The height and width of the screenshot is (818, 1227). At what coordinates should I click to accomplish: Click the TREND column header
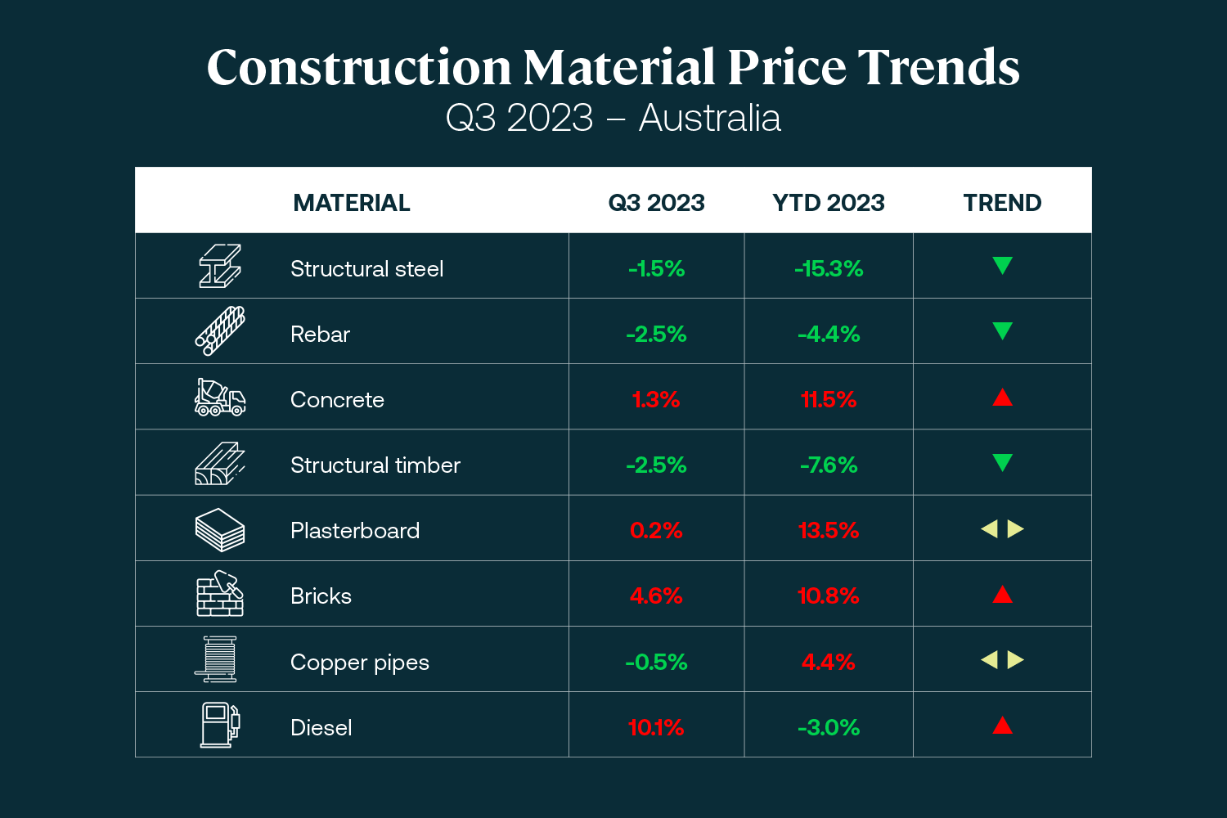pos(1002,203)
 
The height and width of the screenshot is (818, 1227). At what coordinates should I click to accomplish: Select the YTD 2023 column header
pos(829,203)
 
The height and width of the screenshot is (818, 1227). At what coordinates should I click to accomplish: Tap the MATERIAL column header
pos(352,203)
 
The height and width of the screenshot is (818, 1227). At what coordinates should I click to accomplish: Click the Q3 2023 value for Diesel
pos(656,727)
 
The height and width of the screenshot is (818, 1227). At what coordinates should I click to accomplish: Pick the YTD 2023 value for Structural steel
pos(829,268)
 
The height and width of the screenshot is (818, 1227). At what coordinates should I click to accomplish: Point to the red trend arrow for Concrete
pos(1002,398)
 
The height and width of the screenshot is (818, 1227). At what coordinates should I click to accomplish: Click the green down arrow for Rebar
pos(1002,331)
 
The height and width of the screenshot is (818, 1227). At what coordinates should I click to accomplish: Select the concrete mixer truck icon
pos(220,398)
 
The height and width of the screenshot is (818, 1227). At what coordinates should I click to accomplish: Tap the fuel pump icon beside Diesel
pos(220,725)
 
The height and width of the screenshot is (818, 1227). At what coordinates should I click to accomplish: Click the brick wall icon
pos(220,594)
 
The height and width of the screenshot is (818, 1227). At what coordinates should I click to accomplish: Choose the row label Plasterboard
pos(355,530)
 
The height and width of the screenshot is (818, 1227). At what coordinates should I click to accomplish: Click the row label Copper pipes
pos(360,662)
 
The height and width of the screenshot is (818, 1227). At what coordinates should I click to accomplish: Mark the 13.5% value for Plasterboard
pos(829,530)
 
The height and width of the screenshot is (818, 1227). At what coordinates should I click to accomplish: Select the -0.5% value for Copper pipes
pos(656,662)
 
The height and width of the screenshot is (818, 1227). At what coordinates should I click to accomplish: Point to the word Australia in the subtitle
pos(709,118)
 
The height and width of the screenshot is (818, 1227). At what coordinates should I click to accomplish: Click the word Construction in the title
pos(359,67)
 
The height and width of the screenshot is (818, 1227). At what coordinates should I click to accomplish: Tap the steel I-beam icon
pos(220,266)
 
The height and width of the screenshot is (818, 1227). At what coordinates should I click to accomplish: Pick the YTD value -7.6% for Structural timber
pos(829,465)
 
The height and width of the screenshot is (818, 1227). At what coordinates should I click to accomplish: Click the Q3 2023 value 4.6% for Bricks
pos(656,596)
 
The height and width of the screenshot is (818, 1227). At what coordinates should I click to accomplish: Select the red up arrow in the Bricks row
pos(1002,595)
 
